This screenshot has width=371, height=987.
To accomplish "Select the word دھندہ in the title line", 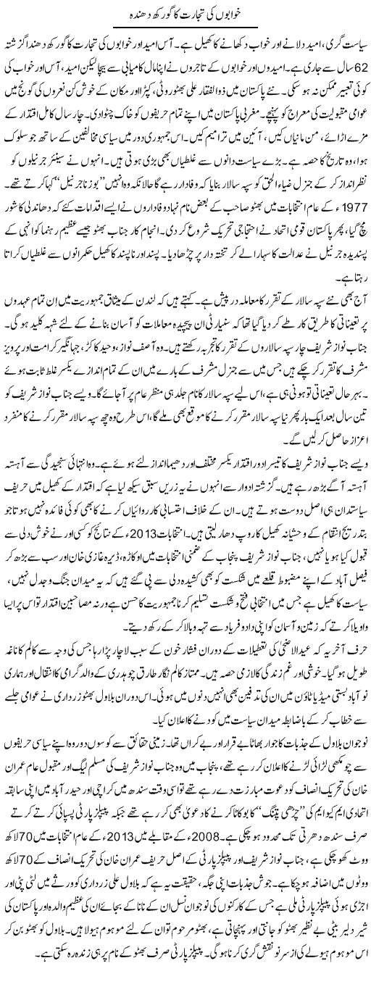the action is tap(130, 14).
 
